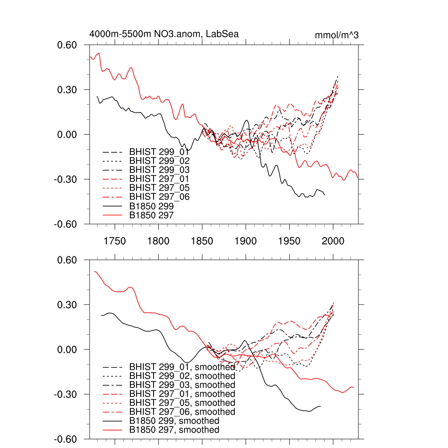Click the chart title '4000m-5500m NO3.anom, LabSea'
[x=164, y=34]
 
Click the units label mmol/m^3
[x=337, y=35]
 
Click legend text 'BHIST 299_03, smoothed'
[x=182, y=385]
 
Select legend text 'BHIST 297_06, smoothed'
[x=182, y=412]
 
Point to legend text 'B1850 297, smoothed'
[x=174, y=430]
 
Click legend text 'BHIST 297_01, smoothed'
[x=182, y=394]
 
